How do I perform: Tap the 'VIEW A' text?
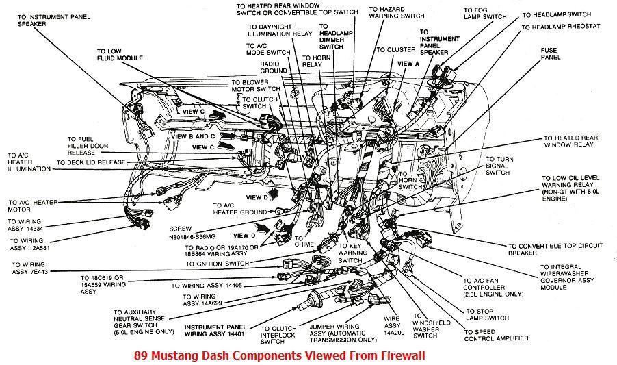pos(408,63)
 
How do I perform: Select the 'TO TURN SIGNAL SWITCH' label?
pos(499,166)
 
